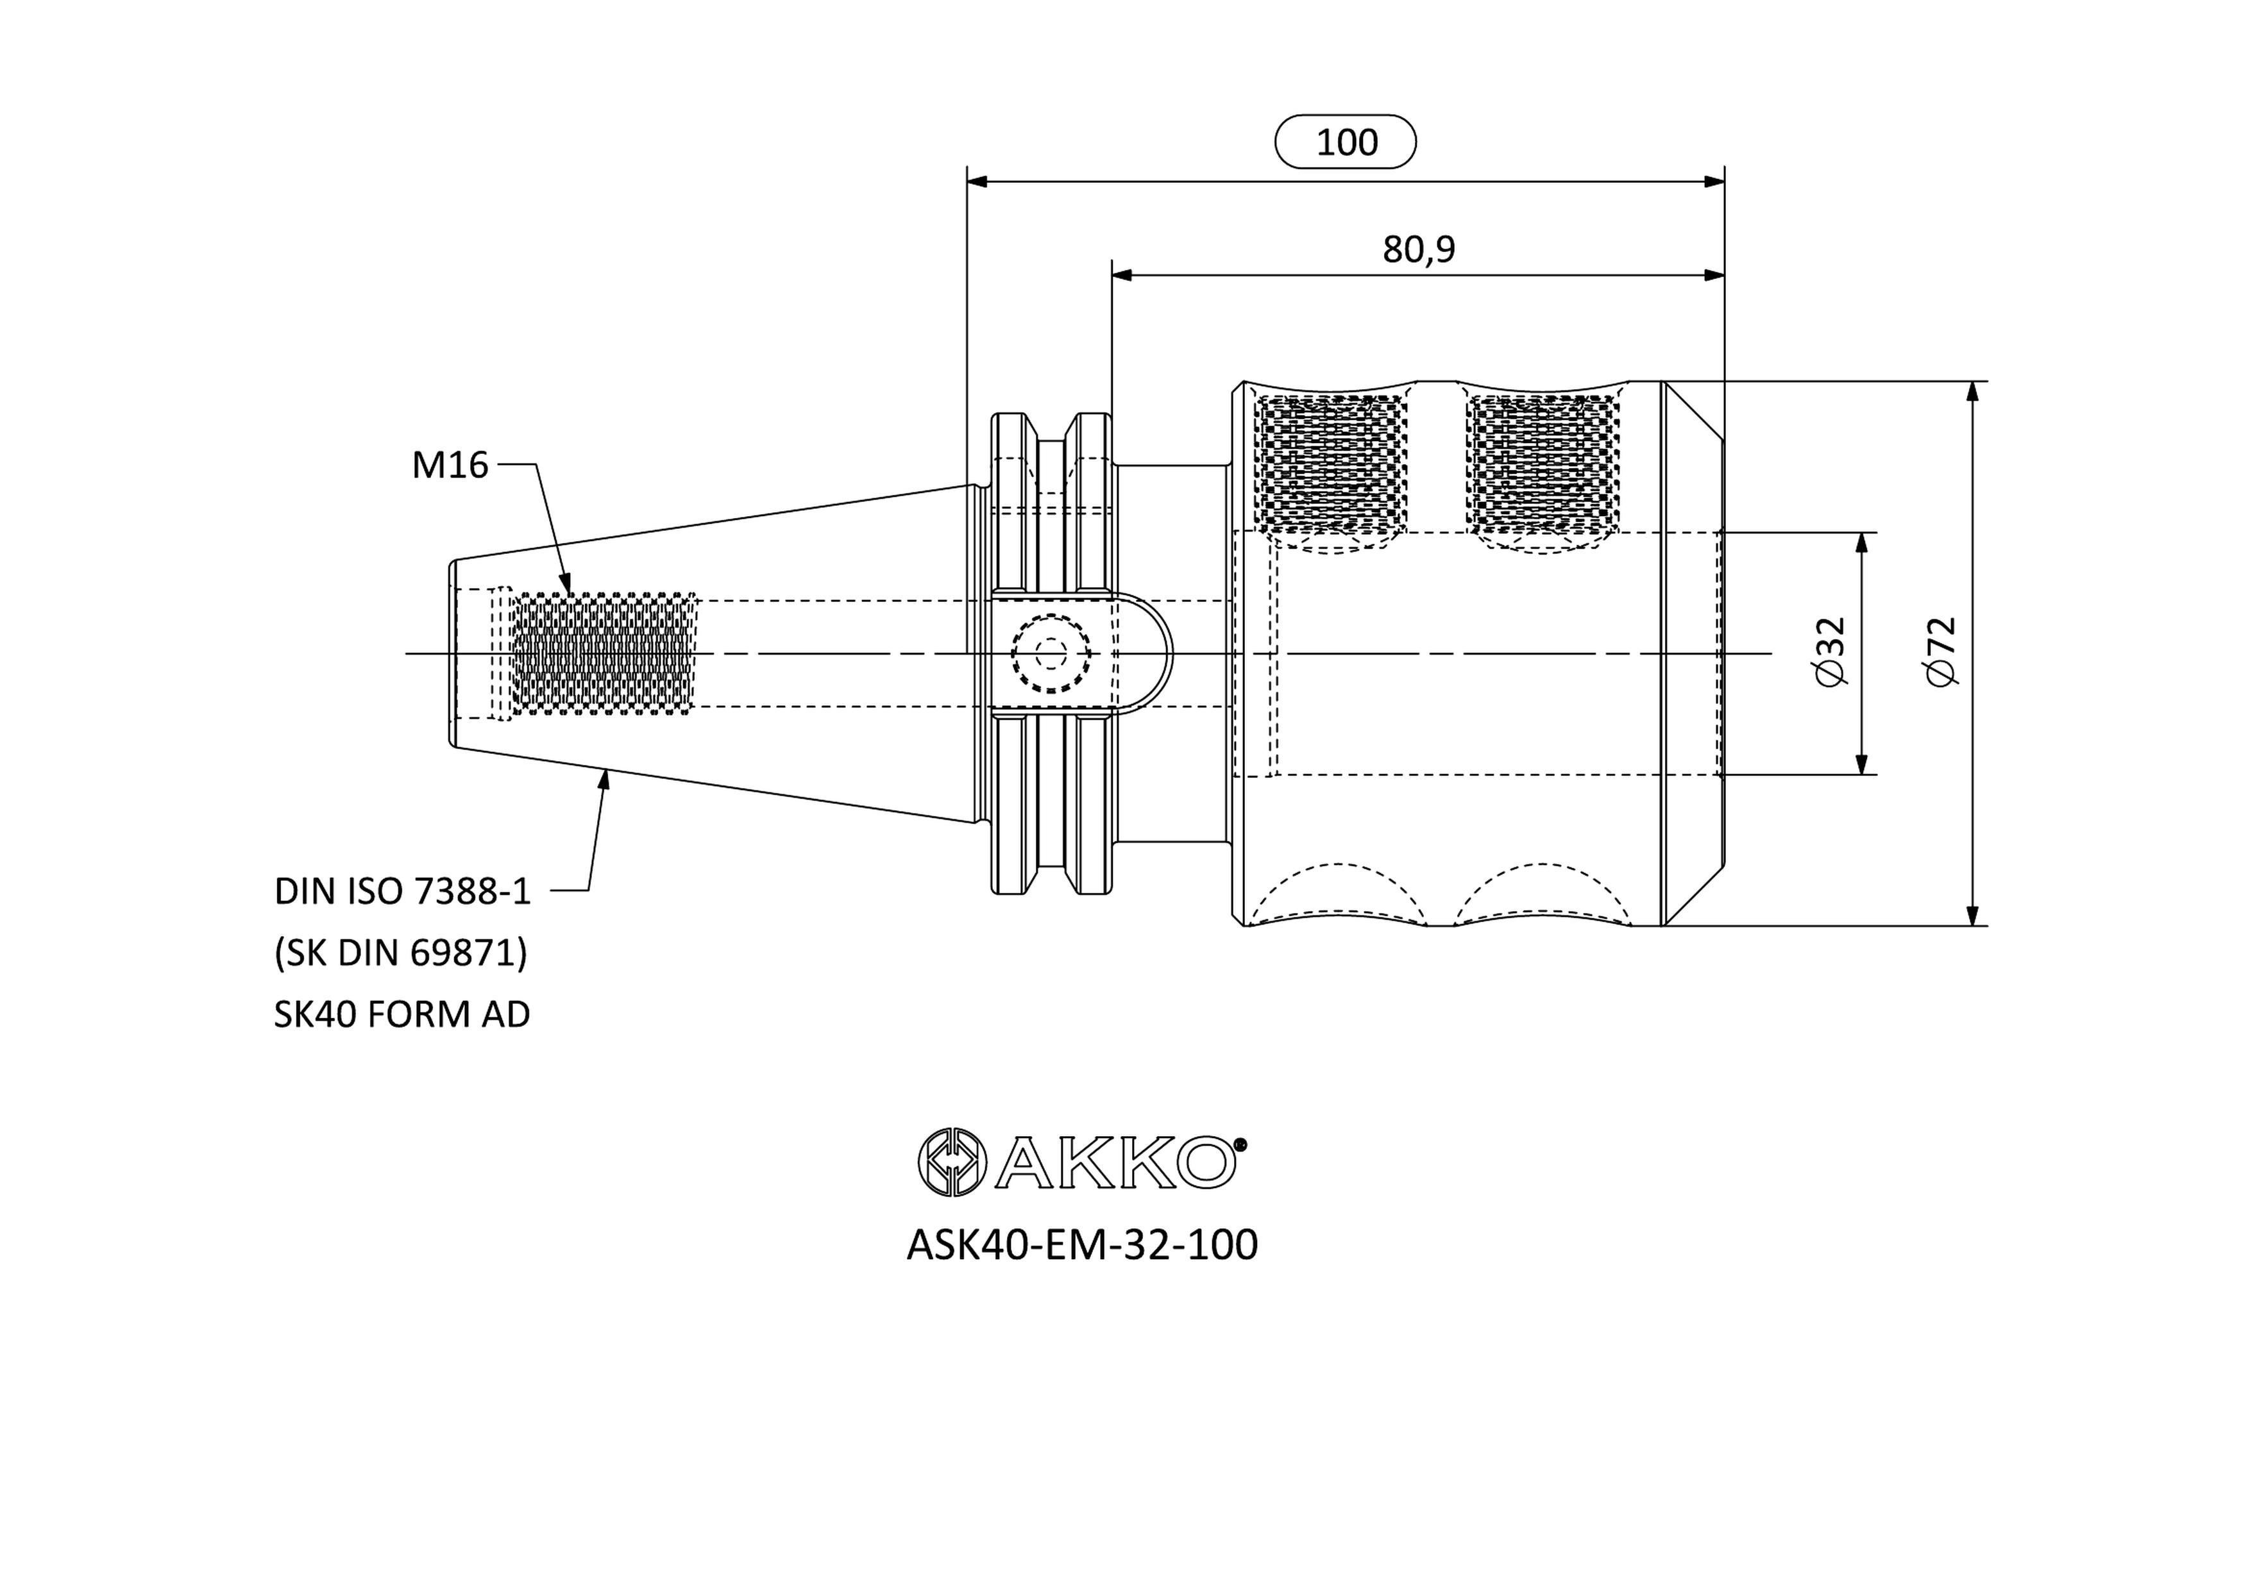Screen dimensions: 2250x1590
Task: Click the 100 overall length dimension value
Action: (1346, 143)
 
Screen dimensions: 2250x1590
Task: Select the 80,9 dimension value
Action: (1418, 250)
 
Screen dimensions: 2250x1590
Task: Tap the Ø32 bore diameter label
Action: (1830, 653)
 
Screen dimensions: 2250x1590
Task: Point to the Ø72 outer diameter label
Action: (1940, 653)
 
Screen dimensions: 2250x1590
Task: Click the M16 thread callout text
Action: (450, 465)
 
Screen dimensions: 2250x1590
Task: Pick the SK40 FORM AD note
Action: (402, 1014)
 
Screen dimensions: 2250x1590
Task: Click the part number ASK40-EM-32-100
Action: (1082, 1245)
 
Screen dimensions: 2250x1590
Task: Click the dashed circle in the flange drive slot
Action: (1051, 653)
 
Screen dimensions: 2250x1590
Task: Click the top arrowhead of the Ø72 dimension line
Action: (1973, 392)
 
